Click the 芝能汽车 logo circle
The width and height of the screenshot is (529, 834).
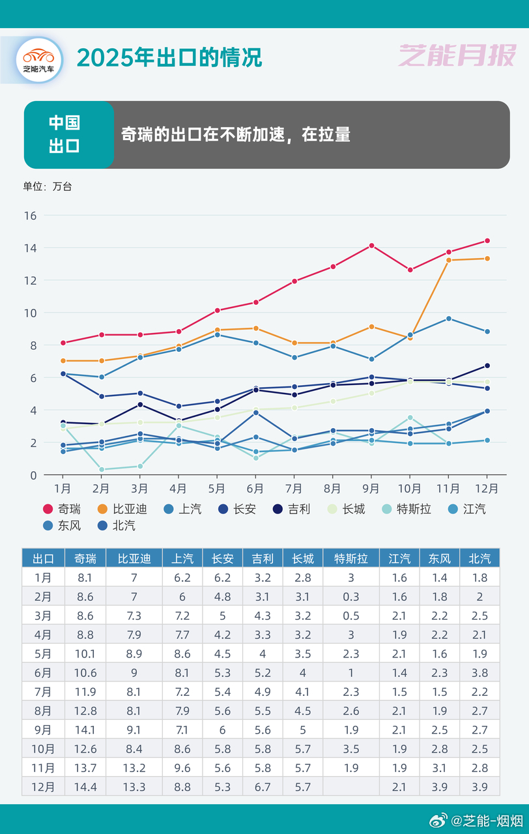coord(39,59)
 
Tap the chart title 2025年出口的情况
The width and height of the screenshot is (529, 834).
coord(169,57)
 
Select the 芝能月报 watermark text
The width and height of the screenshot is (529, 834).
coord(457,56)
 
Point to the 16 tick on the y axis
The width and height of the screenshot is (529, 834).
coord(30,216)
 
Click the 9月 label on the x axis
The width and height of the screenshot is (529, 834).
coord(371,488)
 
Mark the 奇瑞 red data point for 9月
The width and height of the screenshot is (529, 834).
coord(371,246)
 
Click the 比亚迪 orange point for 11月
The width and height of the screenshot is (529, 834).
coord(449,260)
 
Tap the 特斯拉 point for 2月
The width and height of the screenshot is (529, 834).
coord(102,469)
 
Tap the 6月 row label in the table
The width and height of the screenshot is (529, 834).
coord(43,672)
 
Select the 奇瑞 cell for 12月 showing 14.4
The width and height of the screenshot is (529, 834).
coord(85,786)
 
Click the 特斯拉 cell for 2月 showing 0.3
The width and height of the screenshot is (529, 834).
coord(351,596)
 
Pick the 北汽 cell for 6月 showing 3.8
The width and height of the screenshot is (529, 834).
coord(479,672)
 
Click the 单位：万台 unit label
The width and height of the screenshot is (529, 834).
coord(48,186)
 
